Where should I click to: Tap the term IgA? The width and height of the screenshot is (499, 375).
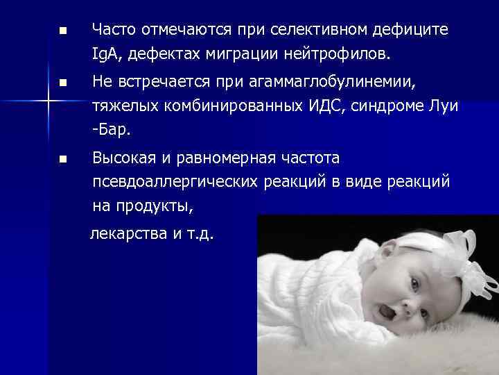(x=106, y=53)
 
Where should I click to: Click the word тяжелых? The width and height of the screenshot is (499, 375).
(x=119, y=107)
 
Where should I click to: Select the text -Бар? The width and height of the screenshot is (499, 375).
(x=111, y=130)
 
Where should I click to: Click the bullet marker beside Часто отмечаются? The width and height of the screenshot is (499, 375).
(x=62, y=32)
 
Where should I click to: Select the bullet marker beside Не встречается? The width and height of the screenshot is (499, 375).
(x=62, y=84)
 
